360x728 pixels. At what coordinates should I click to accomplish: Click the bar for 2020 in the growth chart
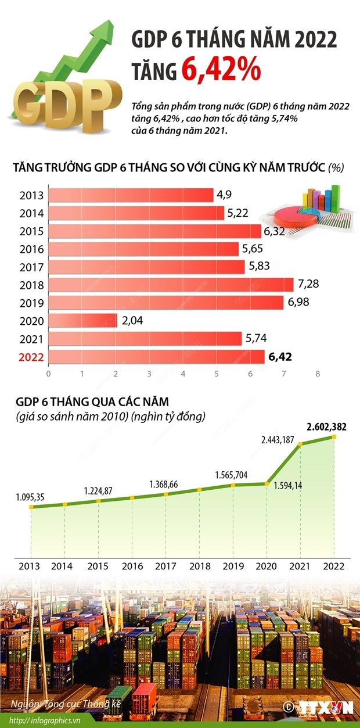click(82, 320)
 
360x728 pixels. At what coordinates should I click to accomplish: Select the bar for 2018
click(171, 285)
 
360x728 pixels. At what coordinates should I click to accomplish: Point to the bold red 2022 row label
click(31, 356)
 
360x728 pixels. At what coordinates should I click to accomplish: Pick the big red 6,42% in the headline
click(220, 69)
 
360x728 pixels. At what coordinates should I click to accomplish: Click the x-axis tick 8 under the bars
click(318, 374)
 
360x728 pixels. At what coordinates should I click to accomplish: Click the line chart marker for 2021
click(301, 445)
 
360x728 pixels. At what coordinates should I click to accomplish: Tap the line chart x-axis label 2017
click(166, 565)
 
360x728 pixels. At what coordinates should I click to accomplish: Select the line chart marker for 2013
click(31, 507)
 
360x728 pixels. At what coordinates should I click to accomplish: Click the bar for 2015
click(154, 231)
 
